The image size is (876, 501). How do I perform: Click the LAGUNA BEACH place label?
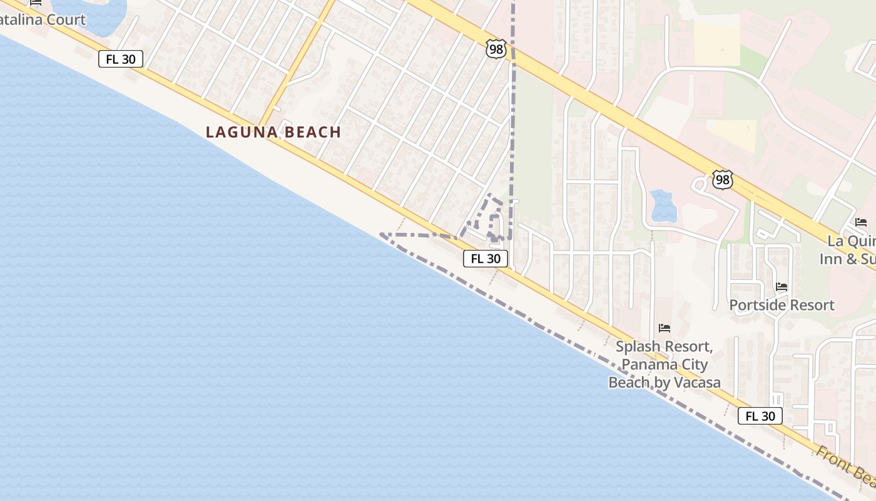tap(273, 132)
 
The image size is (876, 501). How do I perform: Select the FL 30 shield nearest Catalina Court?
tap(121, 59)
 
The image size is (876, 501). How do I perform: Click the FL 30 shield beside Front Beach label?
tap(760, 416)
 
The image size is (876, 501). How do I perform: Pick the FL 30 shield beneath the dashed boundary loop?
tap(485, 258)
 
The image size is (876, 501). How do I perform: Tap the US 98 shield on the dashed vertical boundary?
tap(496, 49)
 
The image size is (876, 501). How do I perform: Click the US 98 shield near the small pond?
tap(722, 180)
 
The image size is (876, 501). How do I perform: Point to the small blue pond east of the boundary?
tap(663, 205)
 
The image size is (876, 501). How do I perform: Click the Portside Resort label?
tap(782, 305)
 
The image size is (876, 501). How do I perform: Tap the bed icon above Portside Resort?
tap(782, 287)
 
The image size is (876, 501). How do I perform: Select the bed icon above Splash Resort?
tap(664, 328)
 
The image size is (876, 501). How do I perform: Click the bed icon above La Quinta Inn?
tap(861, 222)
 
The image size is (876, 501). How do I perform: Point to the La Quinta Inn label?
tap(851, 249)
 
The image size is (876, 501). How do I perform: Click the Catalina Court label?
tap(43, 19)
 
